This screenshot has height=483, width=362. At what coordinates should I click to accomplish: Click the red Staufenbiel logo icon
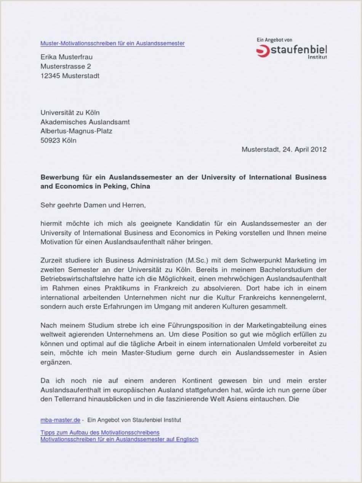[263, 51]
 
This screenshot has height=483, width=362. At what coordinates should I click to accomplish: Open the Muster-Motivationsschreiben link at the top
[112, 43]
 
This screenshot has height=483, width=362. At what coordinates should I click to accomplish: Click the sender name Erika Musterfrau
[66, 57]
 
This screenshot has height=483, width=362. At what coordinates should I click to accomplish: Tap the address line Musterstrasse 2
[66, 66]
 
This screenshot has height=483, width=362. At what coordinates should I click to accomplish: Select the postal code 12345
[50, 75]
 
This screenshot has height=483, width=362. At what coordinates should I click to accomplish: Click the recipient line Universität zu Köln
[70, 113]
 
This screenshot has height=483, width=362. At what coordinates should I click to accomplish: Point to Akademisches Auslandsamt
[85, 122]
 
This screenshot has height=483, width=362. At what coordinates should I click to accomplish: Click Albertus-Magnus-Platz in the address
[76, 131]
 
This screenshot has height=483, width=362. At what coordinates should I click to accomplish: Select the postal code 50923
[50, 140]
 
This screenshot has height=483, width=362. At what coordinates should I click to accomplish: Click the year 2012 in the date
[319, 149]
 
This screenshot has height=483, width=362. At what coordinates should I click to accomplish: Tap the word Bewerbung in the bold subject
[58, 177]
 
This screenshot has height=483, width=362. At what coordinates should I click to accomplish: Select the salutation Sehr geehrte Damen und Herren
[93, 205]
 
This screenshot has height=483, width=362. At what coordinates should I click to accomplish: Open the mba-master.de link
[60, 420]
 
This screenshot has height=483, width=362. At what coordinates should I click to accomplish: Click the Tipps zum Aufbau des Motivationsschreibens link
[100, 433]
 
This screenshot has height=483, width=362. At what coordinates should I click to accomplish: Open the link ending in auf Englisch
[119, 439]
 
